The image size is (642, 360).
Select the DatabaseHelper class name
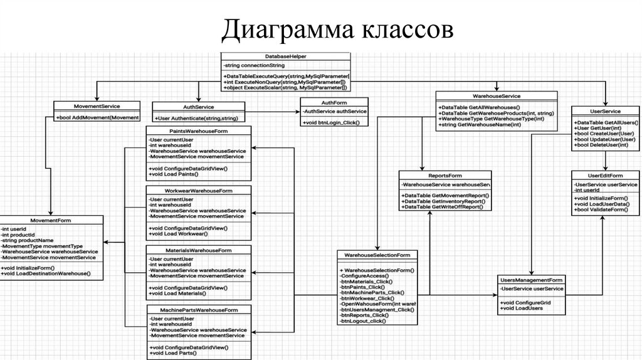285,56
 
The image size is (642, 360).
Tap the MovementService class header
96,106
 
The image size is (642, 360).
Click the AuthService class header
198,107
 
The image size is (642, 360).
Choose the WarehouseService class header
496,96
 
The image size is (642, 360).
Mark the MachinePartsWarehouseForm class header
200,310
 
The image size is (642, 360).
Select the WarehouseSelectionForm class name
377,255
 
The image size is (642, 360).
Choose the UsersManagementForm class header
531,279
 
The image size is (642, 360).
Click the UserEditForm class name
606,175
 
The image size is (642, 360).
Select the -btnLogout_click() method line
363,321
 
